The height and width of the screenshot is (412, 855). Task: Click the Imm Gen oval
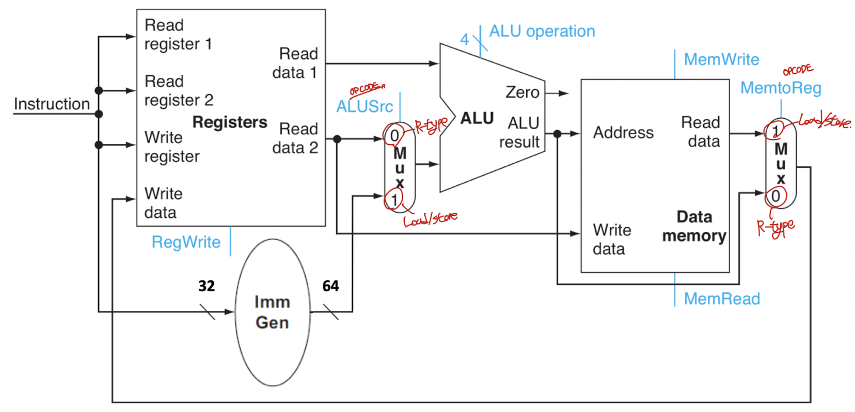point(272,312)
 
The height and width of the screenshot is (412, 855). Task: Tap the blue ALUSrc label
point(365,107)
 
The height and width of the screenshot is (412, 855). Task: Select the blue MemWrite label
point(721,60)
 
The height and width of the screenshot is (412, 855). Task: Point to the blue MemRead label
point(722,299)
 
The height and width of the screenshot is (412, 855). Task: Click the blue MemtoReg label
point(781,88)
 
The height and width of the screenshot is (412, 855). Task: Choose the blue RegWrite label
point(186,242)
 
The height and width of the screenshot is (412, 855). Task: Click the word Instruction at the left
point(52,104)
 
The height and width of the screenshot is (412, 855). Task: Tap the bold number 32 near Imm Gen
point(207,286)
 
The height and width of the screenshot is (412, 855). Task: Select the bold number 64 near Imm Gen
point(330,286)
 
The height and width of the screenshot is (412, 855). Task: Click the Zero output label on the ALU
point(522,92)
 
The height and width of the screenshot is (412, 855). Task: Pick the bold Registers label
point(230,122)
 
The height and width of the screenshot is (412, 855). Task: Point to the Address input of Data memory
point(623,133)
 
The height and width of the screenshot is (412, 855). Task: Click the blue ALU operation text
point(542,31)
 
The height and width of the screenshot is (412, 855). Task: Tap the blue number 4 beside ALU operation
point(465,39)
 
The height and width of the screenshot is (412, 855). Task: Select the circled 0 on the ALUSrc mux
point(394,135)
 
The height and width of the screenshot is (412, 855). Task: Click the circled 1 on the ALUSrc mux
point(394,200)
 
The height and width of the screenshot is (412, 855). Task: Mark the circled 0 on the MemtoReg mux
point(775,196)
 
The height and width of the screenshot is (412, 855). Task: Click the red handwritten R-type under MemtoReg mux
point(775,227)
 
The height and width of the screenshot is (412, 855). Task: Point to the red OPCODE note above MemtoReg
point(798,70)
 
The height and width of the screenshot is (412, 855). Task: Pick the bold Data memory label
point(694,226)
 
